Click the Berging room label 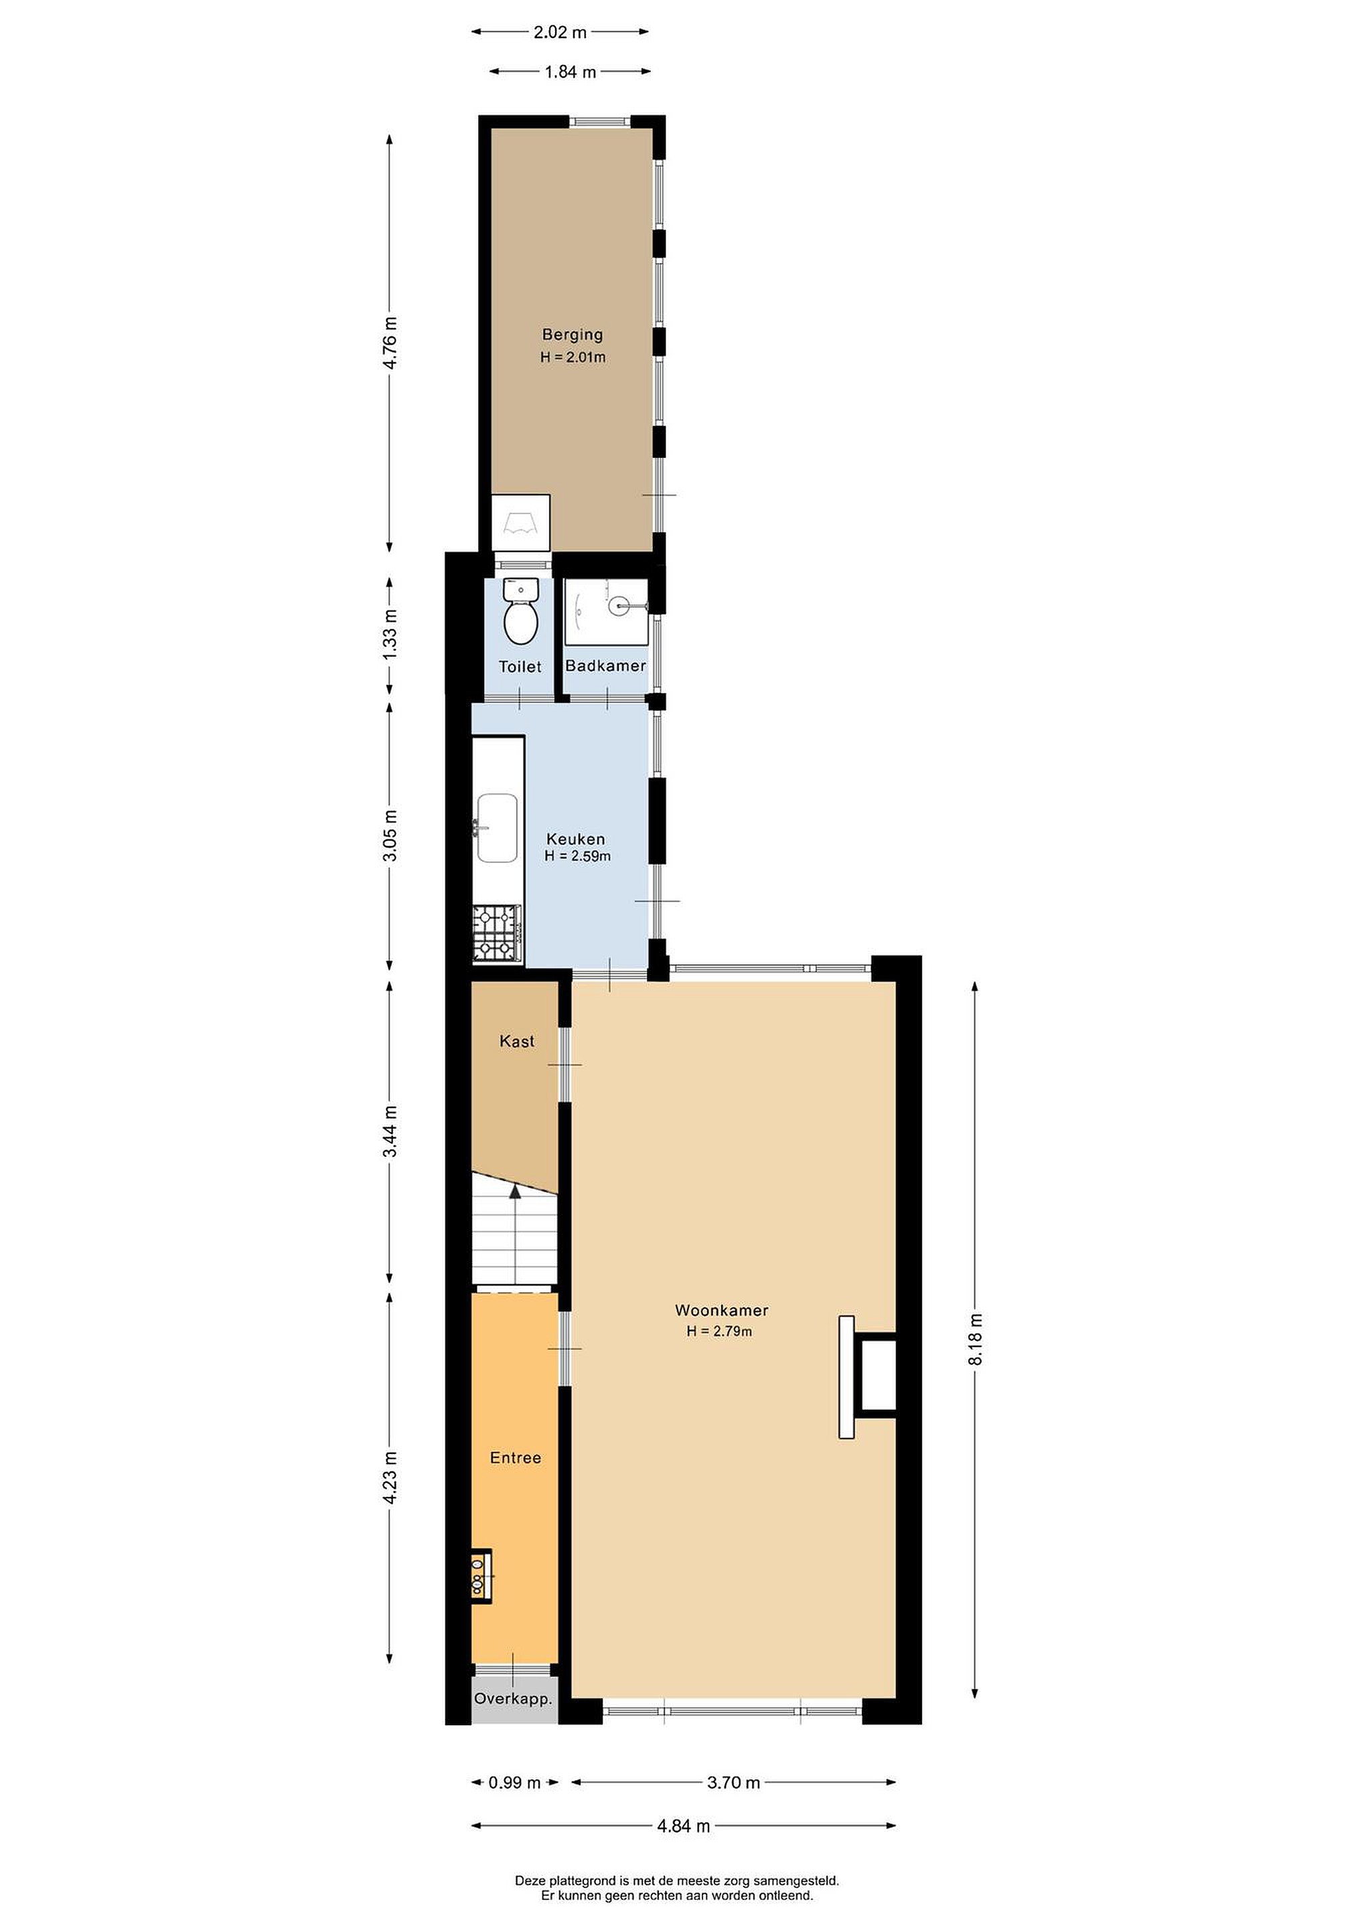[572, 334]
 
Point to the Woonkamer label [721, 1310]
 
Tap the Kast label [516, 1041]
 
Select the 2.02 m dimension [560, 33]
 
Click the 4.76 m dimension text [390, 343]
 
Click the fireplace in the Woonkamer [866, 1376]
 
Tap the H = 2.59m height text [577, 856]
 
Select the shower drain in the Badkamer [621, 603]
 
